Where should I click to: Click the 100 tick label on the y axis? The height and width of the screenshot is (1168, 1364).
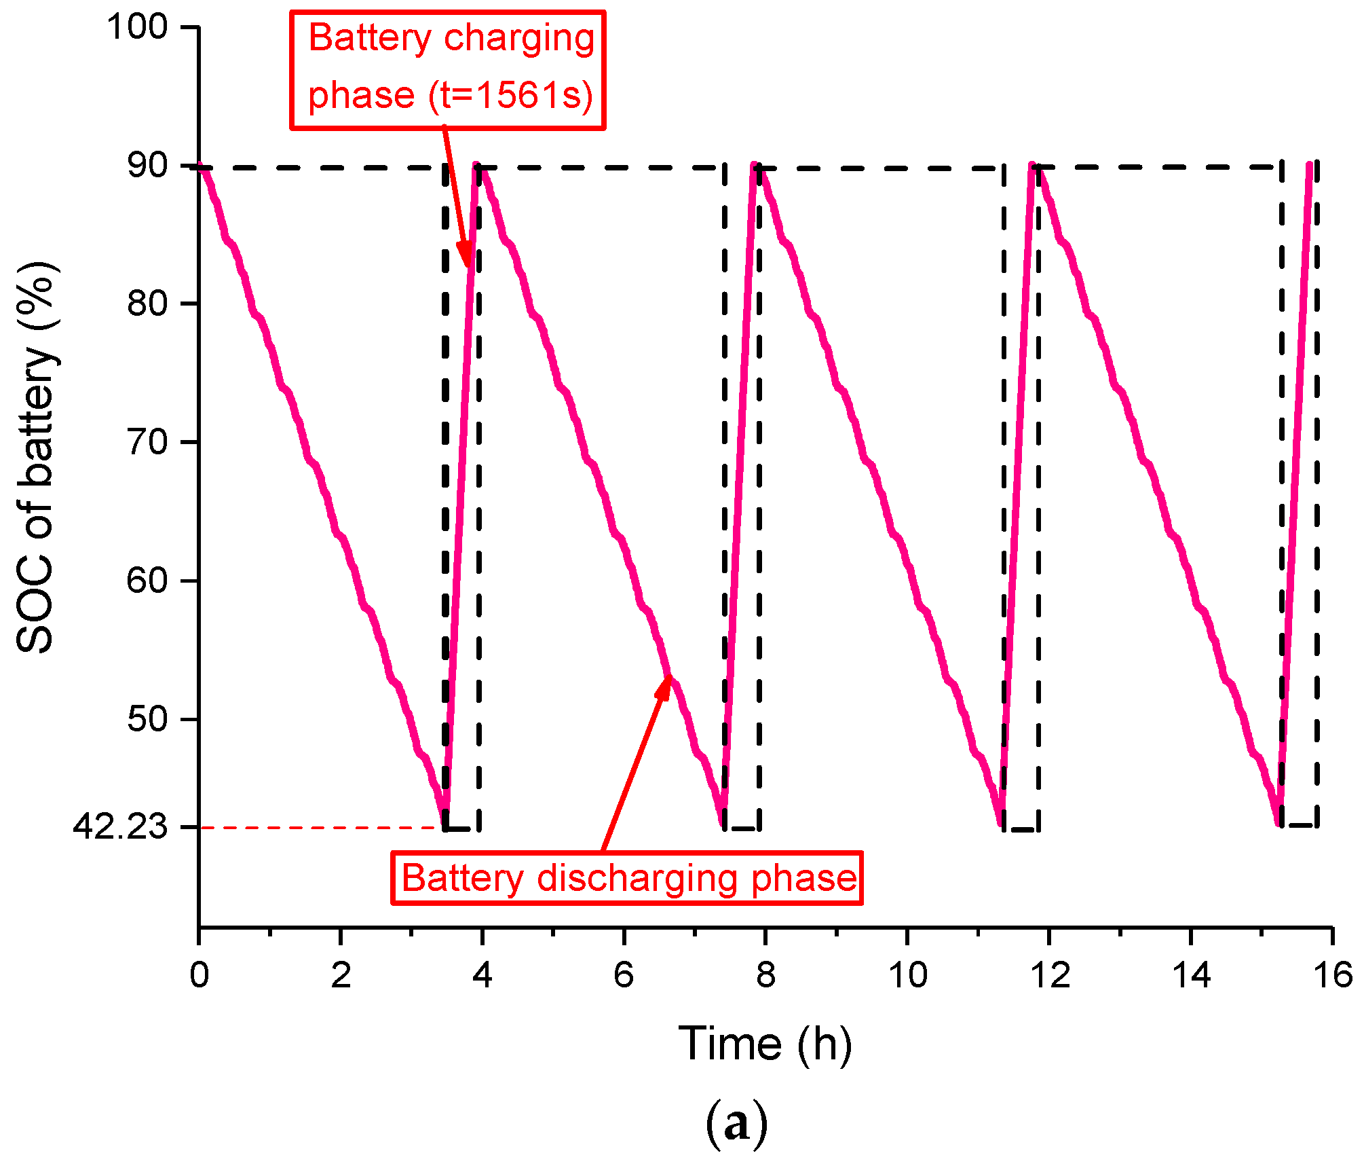[137, 27]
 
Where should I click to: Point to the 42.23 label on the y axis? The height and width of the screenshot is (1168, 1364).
[120, 827]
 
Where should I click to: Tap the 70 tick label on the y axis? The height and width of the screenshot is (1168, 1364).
[147, 442]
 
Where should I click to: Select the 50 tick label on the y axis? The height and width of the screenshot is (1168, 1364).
[147, 718]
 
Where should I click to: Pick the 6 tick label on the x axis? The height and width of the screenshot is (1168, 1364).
[624, 976]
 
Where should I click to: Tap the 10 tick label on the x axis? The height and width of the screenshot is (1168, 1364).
[907, 976]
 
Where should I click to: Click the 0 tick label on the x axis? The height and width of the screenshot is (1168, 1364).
[199, 976]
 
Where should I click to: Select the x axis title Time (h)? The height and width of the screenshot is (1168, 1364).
[765, 1043]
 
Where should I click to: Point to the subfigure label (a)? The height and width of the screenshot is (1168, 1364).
[736, 1124]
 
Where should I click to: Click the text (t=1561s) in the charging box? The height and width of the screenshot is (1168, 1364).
[510, 95]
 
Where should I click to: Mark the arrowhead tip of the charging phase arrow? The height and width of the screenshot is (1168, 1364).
[468, 267]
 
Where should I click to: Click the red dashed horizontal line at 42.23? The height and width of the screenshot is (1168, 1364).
[319, 828]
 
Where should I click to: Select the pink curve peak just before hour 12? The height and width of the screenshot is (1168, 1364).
[1032, 165]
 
